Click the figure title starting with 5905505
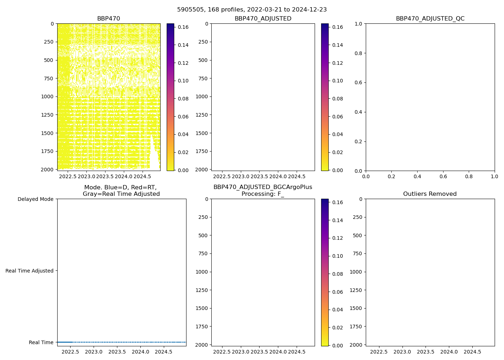[x=252, y=10]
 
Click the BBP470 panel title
[x=108, y=19]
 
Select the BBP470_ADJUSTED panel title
[x=263, y=19]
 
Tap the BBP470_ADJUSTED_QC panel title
[x=430, y=19]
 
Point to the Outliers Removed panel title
[x=430, y=194]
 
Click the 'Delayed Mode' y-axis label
[x=35, y=199]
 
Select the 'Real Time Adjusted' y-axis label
[x=30, y=271]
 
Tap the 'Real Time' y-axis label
[x=41, y=342]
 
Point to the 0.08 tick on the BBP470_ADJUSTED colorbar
[x=337, y=99]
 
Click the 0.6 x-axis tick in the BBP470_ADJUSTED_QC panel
[x=443, y=177]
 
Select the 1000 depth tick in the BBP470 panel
[x=47, y=96]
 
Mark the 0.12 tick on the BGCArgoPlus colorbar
[x=337, y=238]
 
